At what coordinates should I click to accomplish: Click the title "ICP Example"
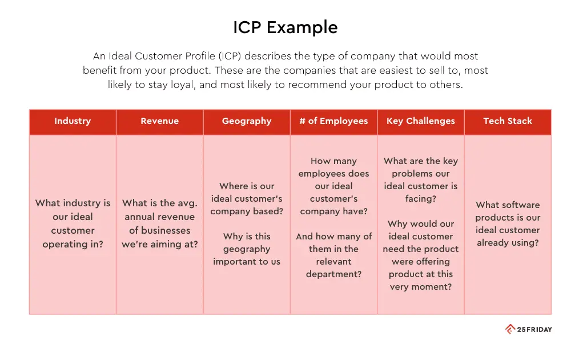(285, 27)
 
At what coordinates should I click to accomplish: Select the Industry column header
(73, 121)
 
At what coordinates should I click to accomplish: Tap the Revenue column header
(159, 121)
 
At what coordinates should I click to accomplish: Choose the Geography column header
(247, 121)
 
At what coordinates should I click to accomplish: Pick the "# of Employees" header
(333, 121)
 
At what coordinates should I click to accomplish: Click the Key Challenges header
(421, 121)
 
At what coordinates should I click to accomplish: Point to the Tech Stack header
(508, 121)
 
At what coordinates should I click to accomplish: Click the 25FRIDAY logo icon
(510, 329)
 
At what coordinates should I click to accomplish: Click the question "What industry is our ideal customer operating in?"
(73, 223)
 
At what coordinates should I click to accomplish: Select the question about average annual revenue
(159, 223)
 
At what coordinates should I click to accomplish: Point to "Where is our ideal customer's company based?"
(247, 199)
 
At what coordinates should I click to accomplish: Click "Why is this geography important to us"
(247, 249)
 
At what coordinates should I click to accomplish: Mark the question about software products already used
(508, 223)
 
